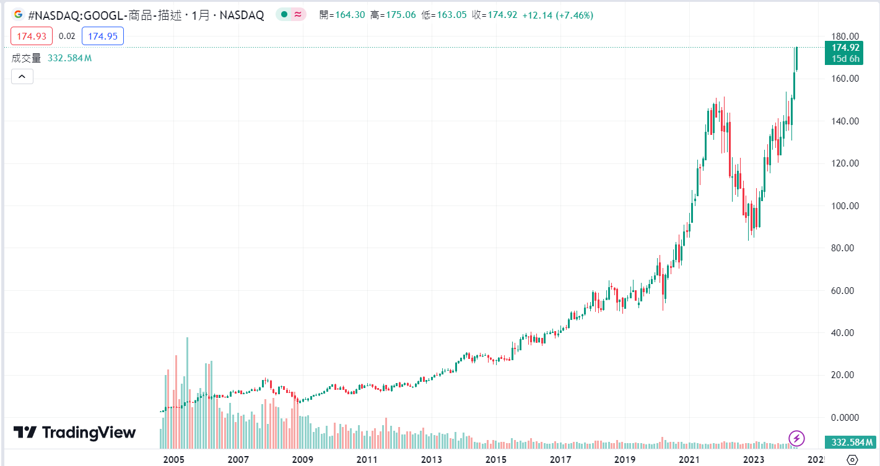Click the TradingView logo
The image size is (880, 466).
[x=74, y=432]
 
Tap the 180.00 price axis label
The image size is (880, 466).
[x=845, y=37]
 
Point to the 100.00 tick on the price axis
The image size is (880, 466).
[x=845, y=205]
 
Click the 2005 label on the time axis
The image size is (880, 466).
[x=174, y=460]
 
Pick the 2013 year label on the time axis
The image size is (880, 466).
[x=432, y=460]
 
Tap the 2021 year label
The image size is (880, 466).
[x=689, y=460]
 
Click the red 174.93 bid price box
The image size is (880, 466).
[x=32, y=37]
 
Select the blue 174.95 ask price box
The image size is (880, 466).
[x=103, y=37]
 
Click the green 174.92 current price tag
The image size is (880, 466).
[x=845, y=48]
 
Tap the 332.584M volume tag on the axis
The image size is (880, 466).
[x=852, y=442]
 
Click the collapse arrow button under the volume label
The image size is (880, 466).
[x=22, y=76]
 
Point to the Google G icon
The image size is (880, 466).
[x=19, y=15]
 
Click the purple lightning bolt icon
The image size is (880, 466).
[x=796, y=439]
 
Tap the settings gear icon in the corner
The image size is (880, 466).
[x=852, y=459]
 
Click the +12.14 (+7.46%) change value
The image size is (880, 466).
[x=557, y=15]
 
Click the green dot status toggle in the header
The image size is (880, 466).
[x=283, y=15]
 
